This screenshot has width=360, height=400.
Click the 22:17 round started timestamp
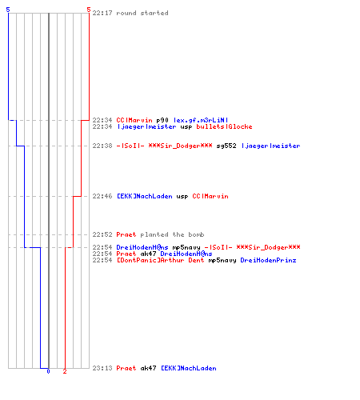[102, 13]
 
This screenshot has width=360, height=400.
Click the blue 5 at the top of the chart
[8, 10]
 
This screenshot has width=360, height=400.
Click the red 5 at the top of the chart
[89, 10]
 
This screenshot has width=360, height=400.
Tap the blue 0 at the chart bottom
[48, 371]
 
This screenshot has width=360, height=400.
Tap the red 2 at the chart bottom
[65, 371]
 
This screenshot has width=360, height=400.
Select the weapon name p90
[162, 120]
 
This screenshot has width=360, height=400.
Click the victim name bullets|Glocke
[224, 126]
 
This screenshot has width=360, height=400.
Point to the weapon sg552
[226, 146]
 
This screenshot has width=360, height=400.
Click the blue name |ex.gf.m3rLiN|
[201, 120]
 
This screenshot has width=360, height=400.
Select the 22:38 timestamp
[102, 146]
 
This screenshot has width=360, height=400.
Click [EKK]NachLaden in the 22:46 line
[145, 196]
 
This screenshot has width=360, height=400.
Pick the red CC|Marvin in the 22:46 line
[210, 196]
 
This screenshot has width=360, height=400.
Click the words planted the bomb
[172, 234]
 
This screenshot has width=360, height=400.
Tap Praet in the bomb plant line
[126, 234]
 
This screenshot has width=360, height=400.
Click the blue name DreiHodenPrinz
[268, 260]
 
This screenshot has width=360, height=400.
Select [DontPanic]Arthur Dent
[160, 260]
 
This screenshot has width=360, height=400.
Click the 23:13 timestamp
[102, 368]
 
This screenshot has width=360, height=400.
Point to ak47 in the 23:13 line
[148, 368]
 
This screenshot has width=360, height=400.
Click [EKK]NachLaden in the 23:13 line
[189, 368]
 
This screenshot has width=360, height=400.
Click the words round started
[142, 13]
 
